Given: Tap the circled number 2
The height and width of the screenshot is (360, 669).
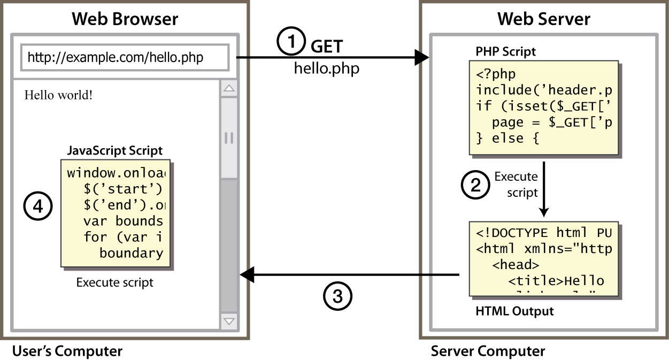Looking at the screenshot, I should (475, 185).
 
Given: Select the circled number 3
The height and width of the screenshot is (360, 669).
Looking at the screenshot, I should (338, 295).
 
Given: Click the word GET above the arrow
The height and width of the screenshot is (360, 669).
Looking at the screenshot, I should (327, 48).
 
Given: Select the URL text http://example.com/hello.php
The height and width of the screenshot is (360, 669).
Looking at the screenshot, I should (115, 57).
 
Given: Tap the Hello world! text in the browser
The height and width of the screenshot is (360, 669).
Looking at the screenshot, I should (59, 96).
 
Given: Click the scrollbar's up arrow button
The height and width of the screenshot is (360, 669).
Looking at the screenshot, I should (229, 89).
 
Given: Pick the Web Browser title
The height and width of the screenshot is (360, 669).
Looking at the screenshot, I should (125, 19).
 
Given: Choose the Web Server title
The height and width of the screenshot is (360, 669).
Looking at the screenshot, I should (544, 19).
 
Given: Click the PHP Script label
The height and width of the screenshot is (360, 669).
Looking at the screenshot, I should (505, 52).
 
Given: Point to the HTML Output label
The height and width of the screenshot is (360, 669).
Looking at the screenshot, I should (514, 311).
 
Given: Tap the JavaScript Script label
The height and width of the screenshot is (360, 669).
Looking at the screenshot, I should (114, 150).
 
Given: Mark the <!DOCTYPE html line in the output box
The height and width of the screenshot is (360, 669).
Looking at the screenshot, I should (544, 233).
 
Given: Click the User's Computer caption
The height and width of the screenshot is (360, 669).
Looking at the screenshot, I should (67, 351).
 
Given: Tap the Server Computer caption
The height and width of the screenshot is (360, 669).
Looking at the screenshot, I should (488, 351).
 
